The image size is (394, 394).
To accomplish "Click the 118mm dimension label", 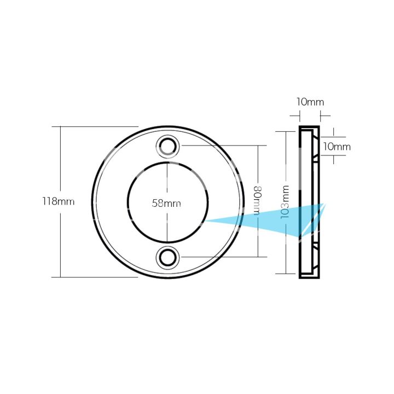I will point(58,201).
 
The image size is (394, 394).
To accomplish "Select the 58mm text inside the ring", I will point(166,203).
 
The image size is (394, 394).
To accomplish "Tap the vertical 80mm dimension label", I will point(257,201).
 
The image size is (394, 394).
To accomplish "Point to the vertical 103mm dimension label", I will point(285,202).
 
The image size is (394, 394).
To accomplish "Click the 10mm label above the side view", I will point(310,102).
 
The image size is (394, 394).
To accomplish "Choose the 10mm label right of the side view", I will point(337,146).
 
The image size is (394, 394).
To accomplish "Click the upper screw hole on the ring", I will point(168,146).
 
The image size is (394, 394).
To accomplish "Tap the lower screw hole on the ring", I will point(168,257).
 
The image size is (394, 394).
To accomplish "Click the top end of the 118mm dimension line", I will point(60,126).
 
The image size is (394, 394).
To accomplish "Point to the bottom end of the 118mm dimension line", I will point(60,277).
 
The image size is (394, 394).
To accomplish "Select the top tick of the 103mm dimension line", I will point(286,131).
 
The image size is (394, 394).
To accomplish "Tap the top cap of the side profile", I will point(310,128).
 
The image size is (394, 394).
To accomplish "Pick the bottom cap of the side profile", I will point(310,276).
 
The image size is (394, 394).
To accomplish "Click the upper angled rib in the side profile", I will point(316,158).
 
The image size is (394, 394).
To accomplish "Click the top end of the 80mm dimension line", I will point(257,146).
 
